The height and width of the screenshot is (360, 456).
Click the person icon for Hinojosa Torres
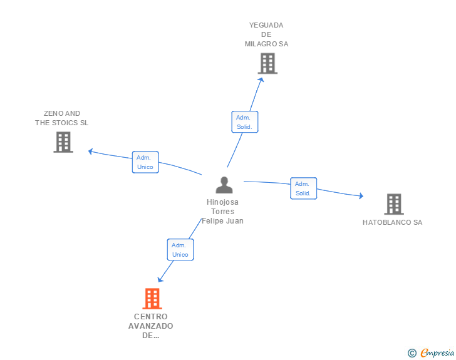click(224, 185)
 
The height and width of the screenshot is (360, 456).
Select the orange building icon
click(152, 299)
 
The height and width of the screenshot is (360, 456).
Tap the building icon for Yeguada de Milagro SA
click(267, 63)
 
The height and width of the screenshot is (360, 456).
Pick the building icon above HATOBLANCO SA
click(394, 204)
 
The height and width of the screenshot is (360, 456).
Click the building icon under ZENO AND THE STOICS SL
click(63, 142)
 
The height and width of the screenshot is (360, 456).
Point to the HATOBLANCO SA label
click(392, 222)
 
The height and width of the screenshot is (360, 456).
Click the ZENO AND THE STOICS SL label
click(61, 118)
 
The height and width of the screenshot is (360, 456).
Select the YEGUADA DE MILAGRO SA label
click(266, 34)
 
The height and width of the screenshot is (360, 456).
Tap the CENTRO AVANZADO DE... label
click(150, 326)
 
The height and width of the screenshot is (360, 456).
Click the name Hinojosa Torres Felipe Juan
click(222, 212)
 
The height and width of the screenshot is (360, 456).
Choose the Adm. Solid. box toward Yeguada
click(244, 122)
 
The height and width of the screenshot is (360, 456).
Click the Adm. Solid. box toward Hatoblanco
click(303, 188)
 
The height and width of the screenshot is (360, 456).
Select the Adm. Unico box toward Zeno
click(145, 162)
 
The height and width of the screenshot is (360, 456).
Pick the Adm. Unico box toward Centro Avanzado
click(180, 250)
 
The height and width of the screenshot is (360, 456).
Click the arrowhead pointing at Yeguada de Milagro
click(261, 80)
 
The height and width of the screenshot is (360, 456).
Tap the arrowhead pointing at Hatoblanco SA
click(361, 196)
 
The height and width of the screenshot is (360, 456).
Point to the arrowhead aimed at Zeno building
click(90, 152)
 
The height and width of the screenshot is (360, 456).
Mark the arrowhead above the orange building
click(160, 279)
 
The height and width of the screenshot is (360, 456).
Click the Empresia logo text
click(437, 352)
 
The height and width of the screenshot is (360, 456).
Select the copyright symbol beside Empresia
click(412, 353)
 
